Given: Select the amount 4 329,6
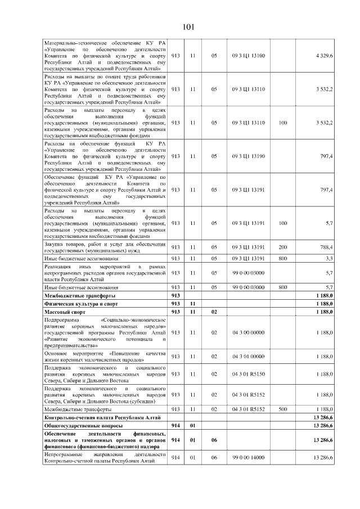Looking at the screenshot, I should point(324,55).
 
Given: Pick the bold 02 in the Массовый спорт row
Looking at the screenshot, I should point(214,311).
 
